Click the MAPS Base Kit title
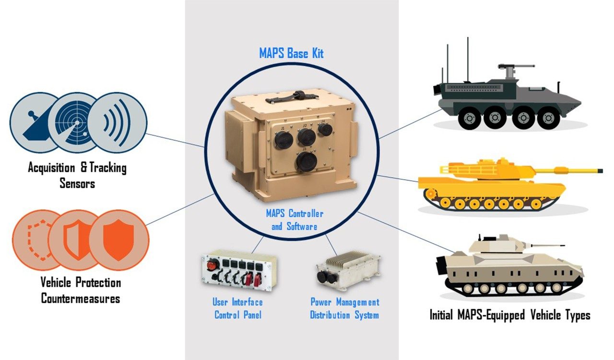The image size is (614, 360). [x=291, y=53]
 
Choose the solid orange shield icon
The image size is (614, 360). [x=118, y=239]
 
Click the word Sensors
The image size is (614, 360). [x=77, y=183]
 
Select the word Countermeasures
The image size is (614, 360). [x=80, y=298]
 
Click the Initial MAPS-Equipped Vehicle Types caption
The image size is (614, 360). [x=509, y=315]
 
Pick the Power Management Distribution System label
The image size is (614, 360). [x=344, y=309]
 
